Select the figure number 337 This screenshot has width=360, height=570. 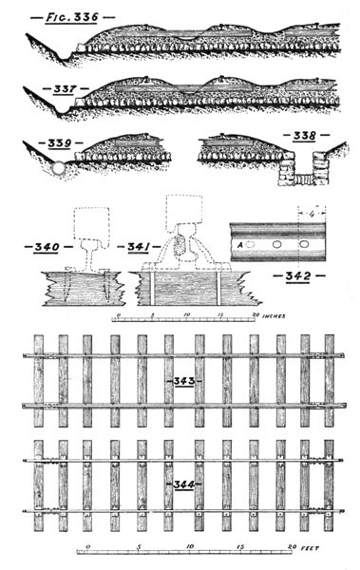[x=65, y=91]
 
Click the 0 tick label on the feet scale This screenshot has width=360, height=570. [x=86, y=547]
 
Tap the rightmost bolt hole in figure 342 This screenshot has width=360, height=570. [x=304, y=244]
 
